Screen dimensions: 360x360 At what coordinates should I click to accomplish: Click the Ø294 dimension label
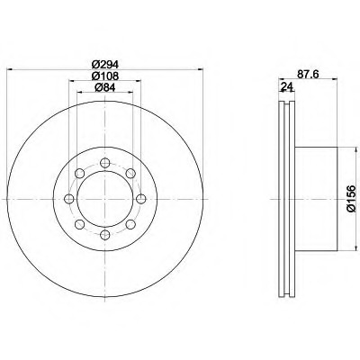point(105,64)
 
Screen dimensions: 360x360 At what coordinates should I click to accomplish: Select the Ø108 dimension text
point(105,76)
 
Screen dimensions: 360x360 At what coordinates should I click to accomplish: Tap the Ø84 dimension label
point(105,87)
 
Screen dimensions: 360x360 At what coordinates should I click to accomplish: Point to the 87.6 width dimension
point(308,74)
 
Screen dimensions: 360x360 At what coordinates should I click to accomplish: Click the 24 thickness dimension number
point(287,86)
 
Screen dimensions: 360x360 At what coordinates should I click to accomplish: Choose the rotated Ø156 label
point(350,199)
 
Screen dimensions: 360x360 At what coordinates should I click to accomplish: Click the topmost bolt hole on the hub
point(104,163)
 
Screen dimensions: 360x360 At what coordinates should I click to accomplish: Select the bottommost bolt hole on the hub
point(104,235)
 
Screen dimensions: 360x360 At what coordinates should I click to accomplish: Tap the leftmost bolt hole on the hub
point(69,199)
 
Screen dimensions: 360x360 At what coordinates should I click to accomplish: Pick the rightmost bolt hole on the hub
point(140,199)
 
